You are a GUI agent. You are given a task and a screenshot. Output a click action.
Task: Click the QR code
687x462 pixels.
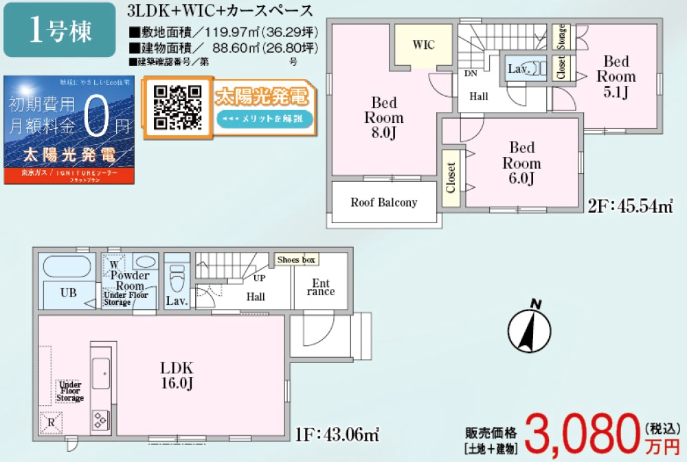click(177, 106)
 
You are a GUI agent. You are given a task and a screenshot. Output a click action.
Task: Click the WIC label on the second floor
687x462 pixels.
click(423, 45)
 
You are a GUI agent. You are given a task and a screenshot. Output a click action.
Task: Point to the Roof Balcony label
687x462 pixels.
click(384, 203)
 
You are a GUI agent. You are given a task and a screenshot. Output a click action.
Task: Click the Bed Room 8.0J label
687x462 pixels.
click(384, 117)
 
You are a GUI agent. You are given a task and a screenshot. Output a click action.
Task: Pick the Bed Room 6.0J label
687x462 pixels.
click(521, 163)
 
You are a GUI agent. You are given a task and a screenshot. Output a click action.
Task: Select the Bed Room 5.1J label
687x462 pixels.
click(616, 76)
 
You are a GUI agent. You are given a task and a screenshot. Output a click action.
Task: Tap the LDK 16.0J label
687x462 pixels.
click(177, 375)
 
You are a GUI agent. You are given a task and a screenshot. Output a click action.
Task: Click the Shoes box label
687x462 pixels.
click(295, 260)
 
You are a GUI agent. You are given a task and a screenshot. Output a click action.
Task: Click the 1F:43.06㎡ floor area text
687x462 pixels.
click(338, 434)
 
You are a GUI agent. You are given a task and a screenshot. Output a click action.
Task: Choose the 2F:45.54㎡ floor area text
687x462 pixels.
click(630, 205)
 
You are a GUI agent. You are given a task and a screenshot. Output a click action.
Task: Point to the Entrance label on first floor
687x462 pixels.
click(321, 287)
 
